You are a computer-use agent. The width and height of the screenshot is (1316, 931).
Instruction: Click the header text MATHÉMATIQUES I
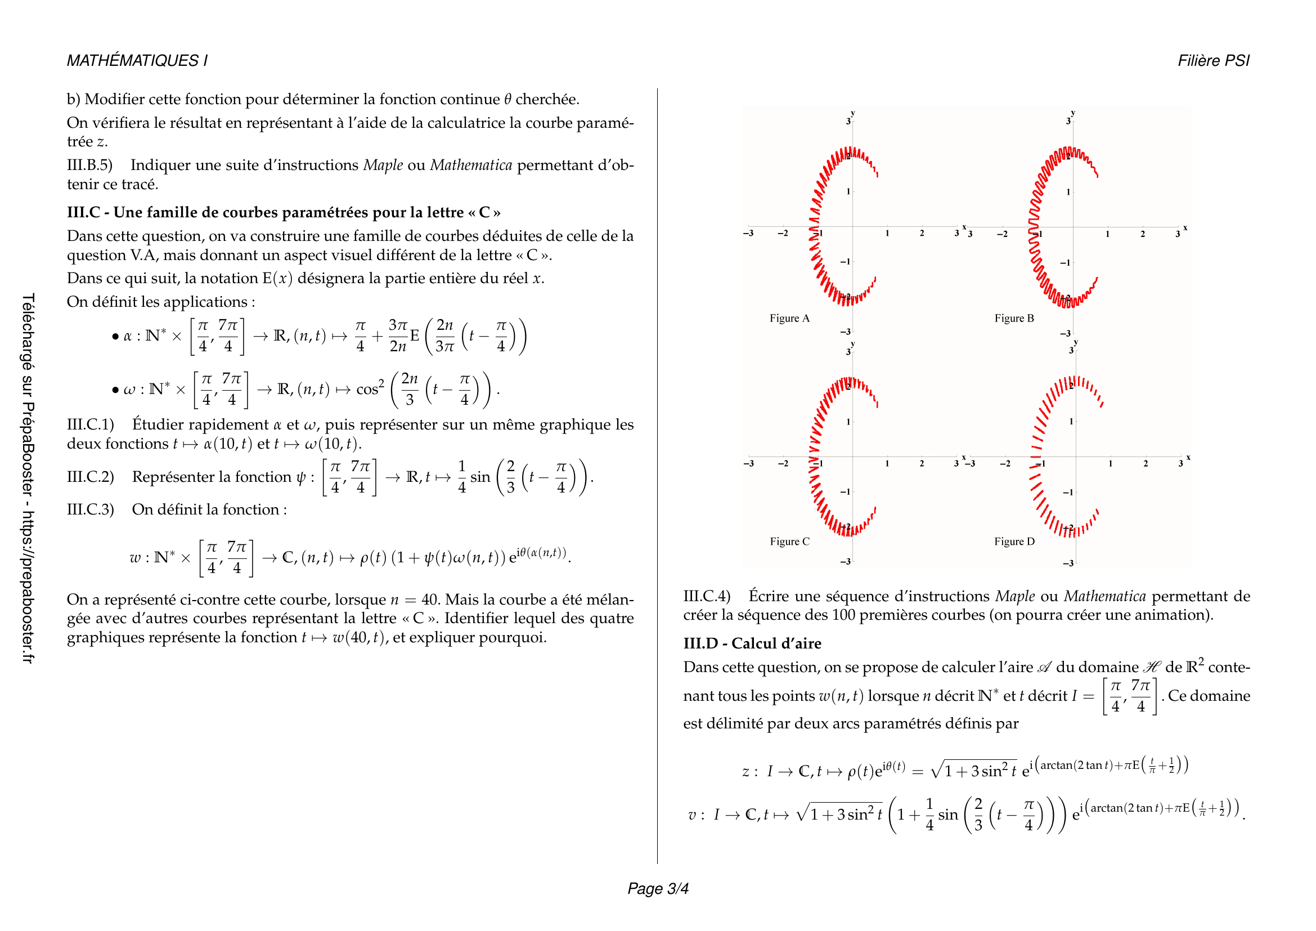pos(137,61)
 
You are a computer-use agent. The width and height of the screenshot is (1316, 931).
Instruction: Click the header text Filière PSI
pos(1213,61)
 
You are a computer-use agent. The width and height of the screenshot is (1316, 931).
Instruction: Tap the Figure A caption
pos(789,319)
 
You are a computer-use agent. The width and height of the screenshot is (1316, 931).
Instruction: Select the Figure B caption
pos(1014,319)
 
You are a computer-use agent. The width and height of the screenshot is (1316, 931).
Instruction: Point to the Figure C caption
pos(789,541)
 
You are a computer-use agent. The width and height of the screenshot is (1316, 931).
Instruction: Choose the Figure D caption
pos(1014,541)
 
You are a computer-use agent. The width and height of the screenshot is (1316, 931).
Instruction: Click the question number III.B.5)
pos(89,165)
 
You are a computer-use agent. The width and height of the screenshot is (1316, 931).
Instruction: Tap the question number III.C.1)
pos(91,425)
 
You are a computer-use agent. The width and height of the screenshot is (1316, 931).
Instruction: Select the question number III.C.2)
pos(91,477)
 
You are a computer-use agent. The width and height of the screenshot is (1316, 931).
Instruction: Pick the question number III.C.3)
pos(91,509)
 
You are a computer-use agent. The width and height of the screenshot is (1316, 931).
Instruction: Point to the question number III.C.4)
pos(707,597)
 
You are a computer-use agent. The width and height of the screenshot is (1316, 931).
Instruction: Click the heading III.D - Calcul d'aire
pos(752,644)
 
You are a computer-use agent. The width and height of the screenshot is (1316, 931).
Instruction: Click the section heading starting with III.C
pos(284,213)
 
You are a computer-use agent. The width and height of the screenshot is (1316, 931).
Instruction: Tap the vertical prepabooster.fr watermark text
pos(28,478)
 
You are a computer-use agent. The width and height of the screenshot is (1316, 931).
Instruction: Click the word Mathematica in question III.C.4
pos(1104,597)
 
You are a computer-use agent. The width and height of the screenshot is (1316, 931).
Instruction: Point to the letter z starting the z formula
pos(745,772)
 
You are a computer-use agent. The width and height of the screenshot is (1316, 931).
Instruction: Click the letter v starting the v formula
pos(692,815)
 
